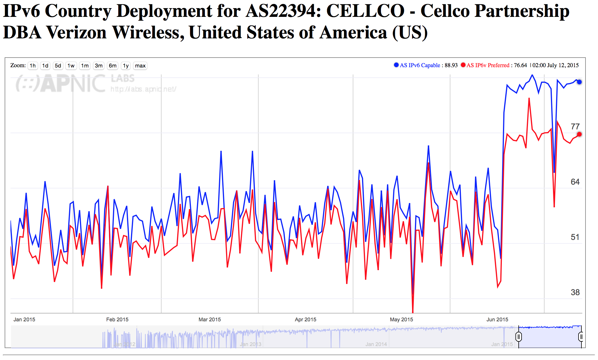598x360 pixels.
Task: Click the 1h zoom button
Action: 33,66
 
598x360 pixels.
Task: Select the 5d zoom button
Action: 58,66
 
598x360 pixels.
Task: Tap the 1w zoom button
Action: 71,66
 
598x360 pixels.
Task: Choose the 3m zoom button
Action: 99,66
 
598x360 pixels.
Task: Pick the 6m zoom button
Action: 113,66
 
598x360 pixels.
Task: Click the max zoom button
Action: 140,66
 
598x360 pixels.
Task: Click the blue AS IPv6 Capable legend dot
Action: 396,65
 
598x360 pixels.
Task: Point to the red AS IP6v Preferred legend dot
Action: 463,65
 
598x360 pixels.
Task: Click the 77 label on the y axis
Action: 575,127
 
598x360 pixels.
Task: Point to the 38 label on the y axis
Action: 575,293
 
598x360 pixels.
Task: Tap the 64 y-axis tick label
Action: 575,182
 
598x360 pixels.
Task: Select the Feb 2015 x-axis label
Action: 117,320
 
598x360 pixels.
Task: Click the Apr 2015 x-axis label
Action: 305,320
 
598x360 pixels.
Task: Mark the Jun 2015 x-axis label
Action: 497,320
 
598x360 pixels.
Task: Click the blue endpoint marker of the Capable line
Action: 579,82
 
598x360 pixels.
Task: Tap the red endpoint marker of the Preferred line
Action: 579,134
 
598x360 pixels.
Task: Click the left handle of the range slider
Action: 519,337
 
